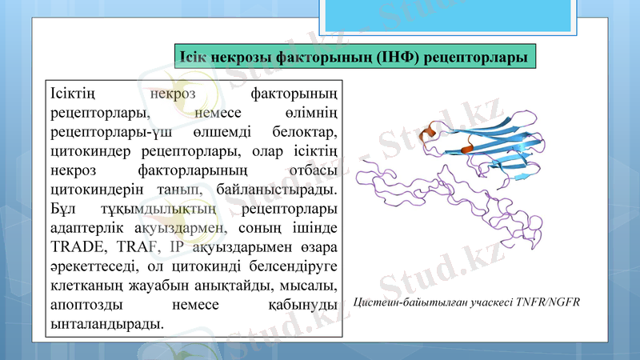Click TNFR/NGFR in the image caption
(547, 302)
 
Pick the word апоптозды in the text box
(83, 305)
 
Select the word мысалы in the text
(310, 286)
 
